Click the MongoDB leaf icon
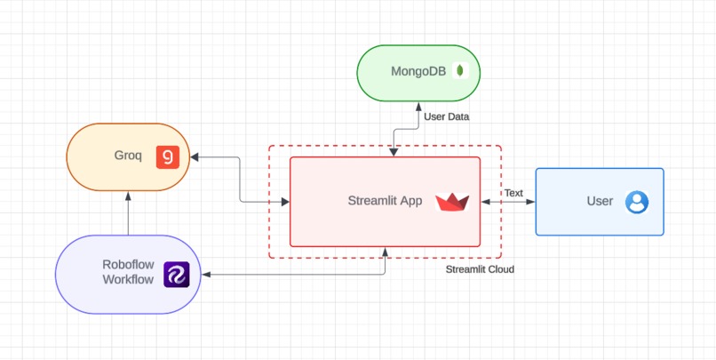[460, 71]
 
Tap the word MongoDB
[418, 71]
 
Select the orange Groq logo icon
[167, 156]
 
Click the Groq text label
[128, 156]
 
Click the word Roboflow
[127, 264]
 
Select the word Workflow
[128, 279]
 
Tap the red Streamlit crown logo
[452, 202]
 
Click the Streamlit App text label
[385, 201]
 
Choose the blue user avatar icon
[637, 202]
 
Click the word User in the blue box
[600, 201]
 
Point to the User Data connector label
[446, 116]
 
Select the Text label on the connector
[513, 193]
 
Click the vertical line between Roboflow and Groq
[128, 213]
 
